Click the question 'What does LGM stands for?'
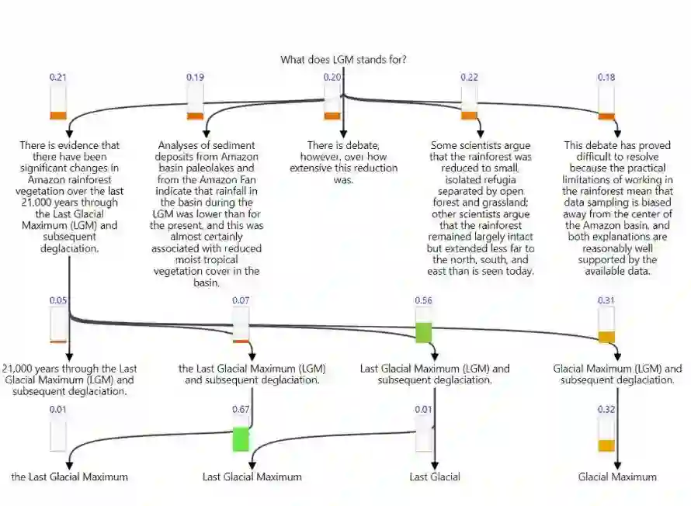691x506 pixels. (343, 59)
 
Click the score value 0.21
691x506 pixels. (57, 77)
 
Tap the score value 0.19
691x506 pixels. (195, 77)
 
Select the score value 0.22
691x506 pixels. (469, 77)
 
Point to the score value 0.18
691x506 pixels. (606, 77)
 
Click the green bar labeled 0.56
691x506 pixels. (423, 332)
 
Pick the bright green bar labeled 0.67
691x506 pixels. (241, 438)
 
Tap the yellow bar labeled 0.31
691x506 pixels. (606, 336)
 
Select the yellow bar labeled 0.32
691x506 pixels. (606, 445)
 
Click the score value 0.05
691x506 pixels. (57, 300)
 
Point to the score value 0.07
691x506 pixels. (241, 300)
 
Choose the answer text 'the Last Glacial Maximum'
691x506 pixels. (70, 477)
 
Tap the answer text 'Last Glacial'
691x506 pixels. (435, 477)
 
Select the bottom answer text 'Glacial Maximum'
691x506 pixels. (617, 477)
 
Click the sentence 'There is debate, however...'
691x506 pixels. (343, 162)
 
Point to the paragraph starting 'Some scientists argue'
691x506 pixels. (481, 208)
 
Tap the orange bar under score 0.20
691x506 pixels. (332, 116)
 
